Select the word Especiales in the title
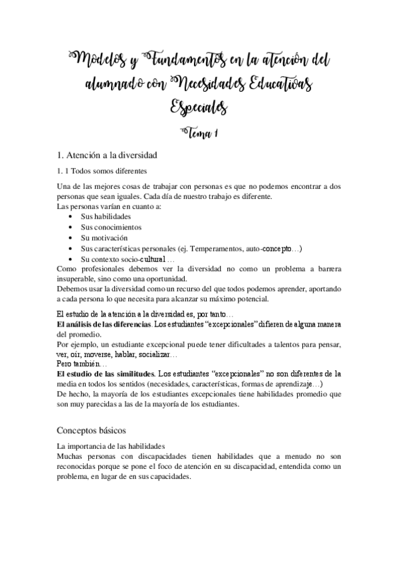[199, 107]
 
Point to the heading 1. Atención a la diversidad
[107, 156]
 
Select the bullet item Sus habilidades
[106, 217]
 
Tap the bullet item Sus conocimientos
[110, 227]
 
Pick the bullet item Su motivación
[104, 237]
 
